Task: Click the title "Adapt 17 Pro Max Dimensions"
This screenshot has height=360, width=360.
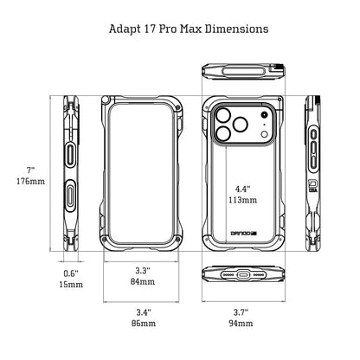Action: click(x=189, y=29)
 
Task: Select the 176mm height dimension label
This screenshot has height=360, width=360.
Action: click(x=30, y=182)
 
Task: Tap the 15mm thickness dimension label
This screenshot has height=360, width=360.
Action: click(x=71, y=285)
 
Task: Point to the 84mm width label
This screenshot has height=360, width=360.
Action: click(x=143, y=281)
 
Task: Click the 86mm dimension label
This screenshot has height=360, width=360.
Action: click(x=144, y=323)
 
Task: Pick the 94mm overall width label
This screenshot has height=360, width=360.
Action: click(x=241, y=323)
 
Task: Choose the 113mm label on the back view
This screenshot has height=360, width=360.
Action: click(x=242, y=200)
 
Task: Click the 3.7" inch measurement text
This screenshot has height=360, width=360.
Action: click(x=241, y=312)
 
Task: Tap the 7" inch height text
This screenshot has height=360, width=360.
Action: click(x=30, y=170)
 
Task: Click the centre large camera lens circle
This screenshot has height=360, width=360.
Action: click(x=241, y=125)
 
